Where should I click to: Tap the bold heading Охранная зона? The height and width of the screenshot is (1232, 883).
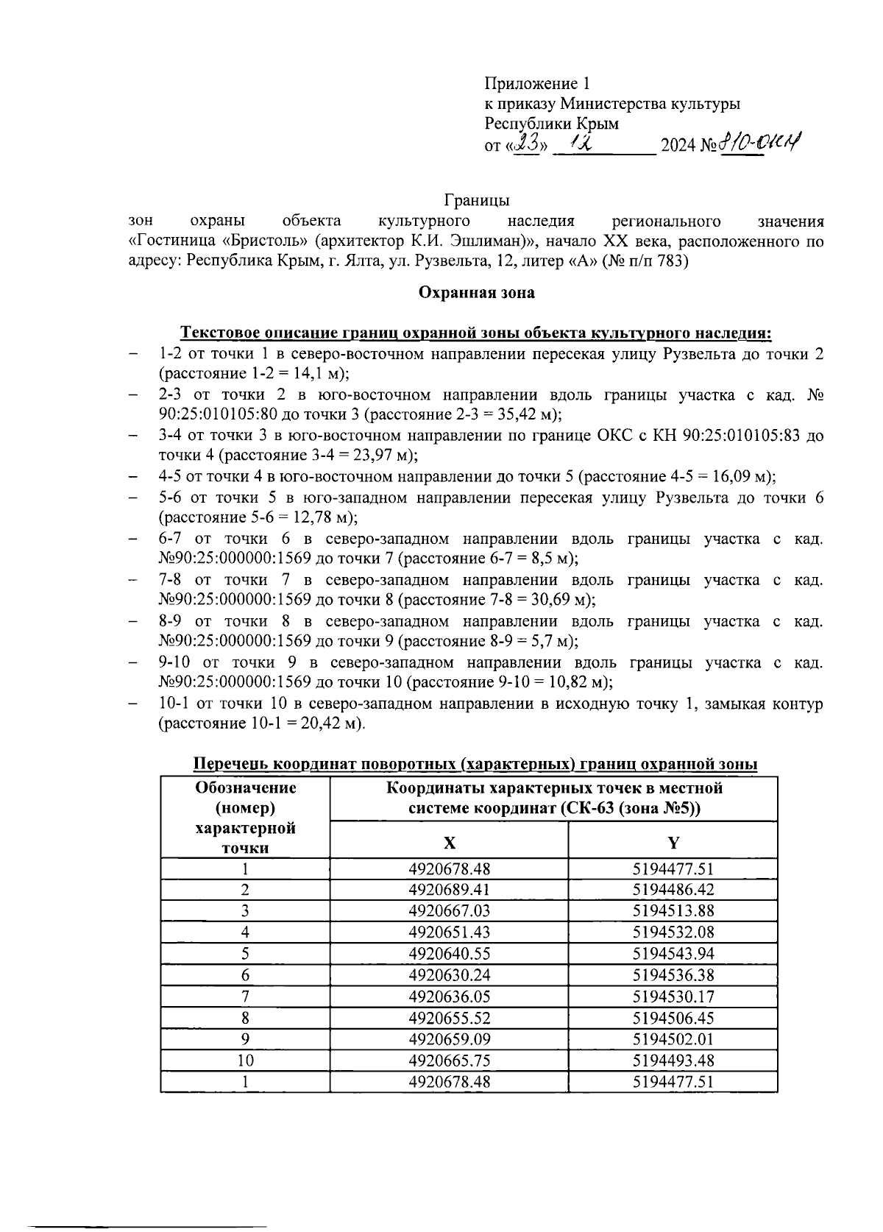476,293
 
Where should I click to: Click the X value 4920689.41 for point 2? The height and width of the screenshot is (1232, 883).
449,889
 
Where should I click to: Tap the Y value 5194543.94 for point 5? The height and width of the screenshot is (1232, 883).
673,954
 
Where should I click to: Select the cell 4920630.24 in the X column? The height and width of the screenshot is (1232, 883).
449,975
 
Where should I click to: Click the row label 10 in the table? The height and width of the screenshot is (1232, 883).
245,1061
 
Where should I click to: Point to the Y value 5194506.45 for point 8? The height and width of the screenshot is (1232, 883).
673,1018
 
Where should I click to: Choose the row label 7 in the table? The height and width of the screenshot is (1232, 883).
245,996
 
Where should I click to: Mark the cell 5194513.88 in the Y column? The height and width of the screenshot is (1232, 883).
673,910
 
